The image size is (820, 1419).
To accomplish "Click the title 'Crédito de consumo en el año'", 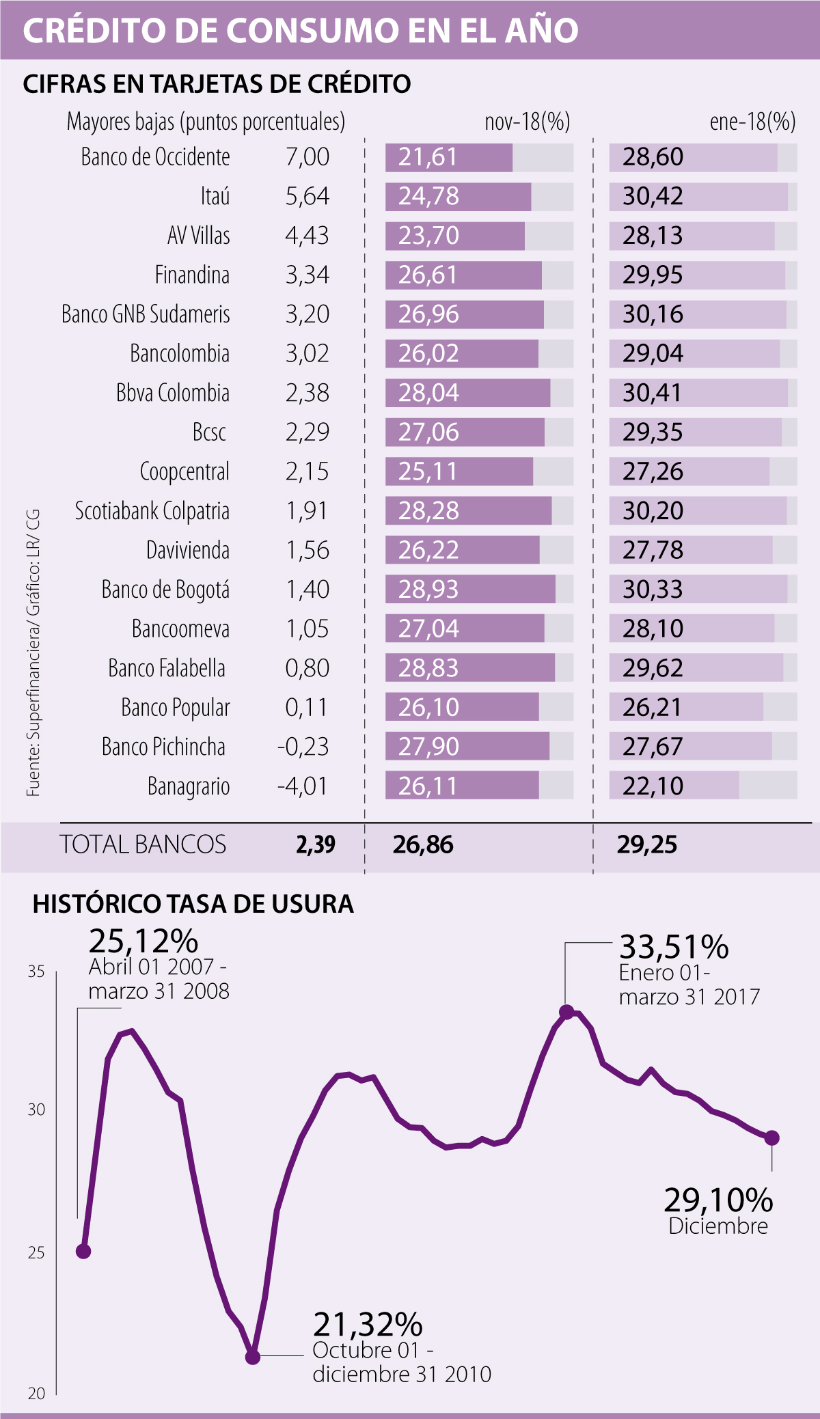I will coord(301,31).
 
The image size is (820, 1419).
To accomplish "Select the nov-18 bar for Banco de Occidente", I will coord(448,157).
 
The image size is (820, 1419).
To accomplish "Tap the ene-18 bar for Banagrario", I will coord(674,786).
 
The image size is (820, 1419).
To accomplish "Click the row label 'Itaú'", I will coord(215,197).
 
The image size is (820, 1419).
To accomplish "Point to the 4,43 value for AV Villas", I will coord(307,236).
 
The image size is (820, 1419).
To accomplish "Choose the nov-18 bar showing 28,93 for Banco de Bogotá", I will coord(470,589).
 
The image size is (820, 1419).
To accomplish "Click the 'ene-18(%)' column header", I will coord(752,122).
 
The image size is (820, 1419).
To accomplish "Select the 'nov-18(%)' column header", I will coord(527,122).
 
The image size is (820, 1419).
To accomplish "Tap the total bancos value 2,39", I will coord(316,844).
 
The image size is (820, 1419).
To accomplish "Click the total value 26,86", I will coord(423,844).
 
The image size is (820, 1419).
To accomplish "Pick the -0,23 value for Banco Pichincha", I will coord(303,747).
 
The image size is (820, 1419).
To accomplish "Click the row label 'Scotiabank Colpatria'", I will coord(152,511).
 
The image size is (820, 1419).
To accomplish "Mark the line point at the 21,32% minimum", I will coord(253,1356).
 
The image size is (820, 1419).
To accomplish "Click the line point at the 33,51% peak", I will coord(566,1012).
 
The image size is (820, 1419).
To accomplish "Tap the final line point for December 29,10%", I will coord(771,1138).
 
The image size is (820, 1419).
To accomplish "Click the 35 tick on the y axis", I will coord(36,972).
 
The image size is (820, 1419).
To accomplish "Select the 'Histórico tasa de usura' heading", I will coord(193,904).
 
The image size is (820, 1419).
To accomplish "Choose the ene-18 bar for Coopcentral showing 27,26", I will coord(689,471).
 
